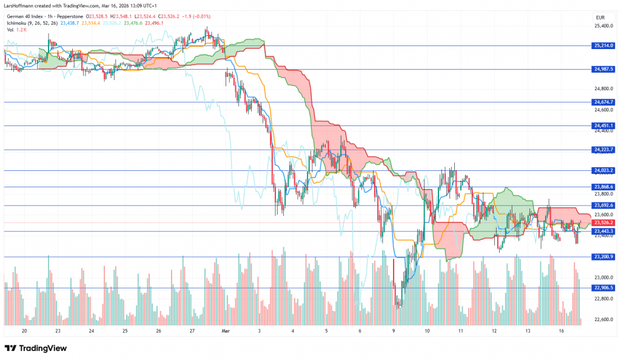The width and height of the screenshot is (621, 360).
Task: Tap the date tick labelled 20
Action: pyautogui.click(x=24, y=332)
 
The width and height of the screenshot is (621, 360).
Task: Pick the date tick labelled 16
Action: pyautogui.click(x=562, y=332)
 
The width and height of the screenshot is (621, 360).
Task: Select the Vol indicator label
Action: pyautogui.click(x=10, y=29)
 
